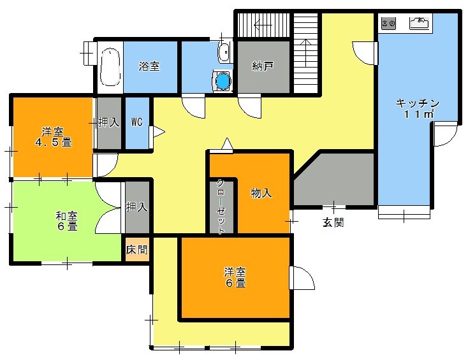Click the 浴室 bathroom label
149,66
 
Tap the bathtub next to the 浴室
110,68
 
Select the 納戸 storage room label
262,66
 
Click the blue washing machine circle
223,80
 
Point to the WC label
137,122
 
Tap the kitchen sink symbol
421,23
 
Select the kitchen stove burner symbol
389,24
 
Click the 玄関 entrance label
333,222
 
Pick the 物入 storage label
261,193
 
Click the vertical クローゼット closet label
221,206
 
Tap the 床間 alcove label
136,249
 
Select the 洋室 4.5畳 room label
54,137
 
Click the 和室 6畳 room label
67,221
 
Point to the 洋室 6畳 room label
235,277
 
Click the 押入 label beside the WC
108,122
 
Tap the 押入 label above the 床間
136,206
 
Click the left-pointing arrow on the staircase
263,25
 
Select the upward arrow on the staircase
305,53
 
